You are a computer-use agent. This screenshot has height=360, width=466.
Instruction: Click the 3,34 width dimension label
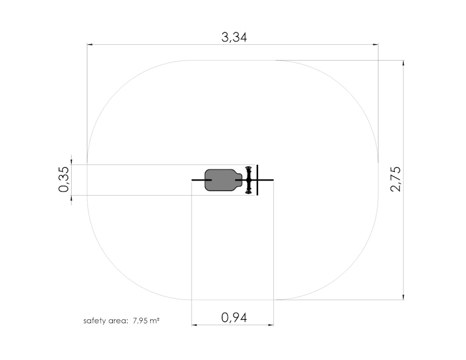(234, 37)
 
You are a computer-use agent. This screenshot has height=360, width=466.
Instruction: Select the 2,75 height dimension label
(396, 179)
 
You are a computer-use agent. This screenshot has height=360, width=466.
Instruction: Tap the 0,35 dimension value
(64, 179)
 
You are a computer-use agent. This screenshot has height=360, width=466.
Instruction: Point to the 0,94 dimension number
(234, 317)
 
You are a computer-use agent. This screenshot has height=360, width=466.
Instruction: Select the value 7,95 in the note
(140, 321)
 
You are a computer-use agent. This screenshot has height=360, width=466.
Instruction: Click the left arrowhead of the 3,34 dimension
(90, 45)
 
